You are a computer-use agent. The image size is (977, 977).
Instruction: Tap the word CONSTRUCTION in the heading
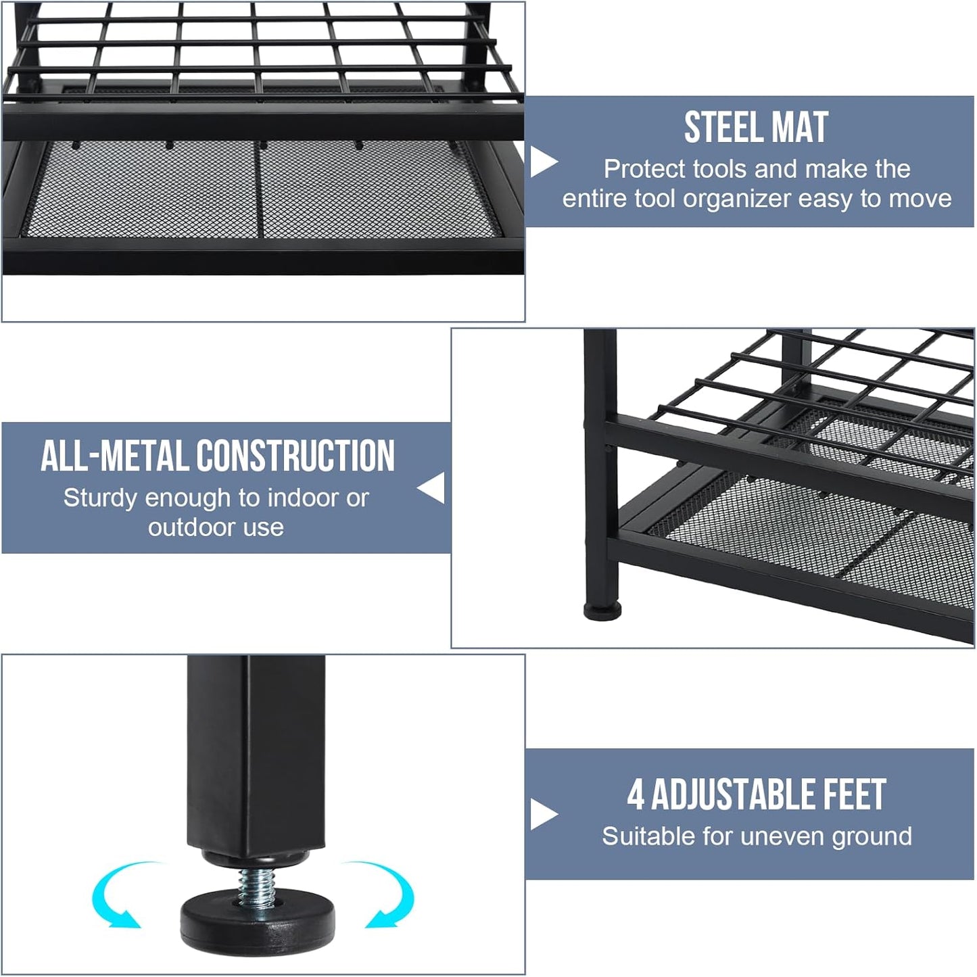pos(295,455)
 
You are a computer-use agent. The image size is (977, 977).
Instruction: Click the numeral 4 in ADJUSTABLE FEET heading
pos(636,795)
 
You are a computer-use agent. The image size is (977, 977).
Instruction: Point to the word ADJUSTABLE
pos(732,795)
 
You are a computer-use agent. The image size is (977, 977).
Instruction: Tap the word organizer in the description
pos(737,199)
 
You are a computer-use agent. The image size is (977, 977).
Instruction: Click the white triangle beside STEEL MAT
pos(544,162)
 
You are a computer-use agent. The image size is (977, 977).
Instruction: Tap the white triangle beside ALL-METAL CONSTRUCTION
pos(432,487)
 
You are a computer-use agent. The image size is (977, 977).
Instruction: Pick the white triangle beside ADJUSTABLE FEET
pos(544,815)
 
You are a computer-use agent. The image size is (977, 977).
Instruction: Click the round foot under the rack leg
pos(602,611)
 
